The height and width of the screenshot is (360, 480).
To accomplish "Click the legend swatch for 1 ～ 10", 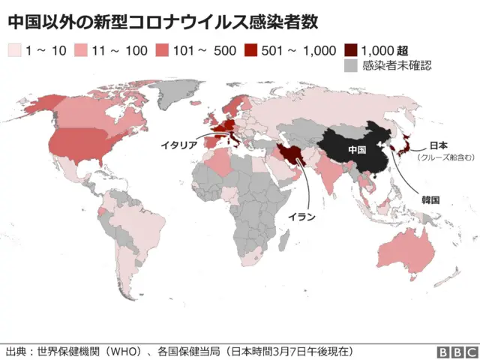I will pos(14,50).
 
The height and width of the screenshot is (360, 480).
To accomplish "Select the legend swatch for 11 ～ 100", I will pos(81,50).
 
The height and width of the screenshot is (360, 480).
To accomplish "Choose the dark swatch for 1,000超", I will pos(350,50).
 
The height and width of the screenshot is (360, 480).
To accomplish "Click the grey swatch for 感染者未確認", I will pos(350,66).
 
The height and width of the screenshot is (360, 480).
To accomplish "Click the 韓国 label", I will pos(430,200).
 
